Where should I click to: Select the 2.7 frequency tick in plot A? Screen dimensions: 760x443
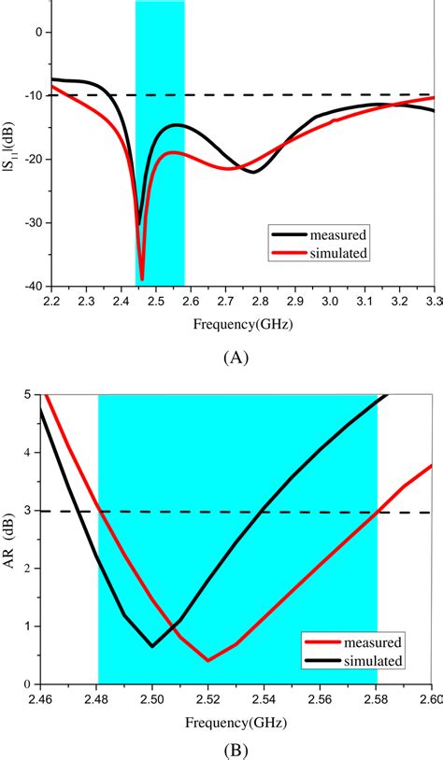(x=224, y=302)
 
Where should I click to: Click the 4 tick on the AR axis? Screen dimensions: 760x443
(x=26, y=453)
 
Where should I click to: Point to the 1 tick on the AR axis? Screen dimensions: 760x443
(x=26, y=626)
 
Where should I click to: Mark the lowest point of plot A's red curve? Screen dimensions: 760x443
(x=142, y=279)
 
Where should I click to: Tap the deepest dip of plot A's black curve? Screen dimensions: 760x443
(x=139, y=224)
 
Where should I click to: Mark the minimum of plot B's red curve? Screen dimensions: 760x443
(x=207, y=660)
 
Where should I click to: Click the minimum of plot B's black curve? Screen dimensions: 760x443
(x=152, y=645)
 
